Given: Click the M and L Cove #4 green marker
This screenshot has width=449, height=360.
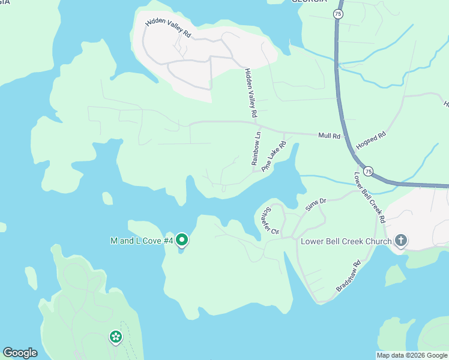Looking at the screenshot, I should (x=182, y=241).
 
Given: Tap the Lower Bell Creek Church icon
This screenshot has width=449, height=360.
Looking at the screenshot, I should (x=401, y=241).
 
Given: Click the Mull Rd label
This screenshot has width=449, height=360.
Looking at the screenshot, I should (x=329, y=136).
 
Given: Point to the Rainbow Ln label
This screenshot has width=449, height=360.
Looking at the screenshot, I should (x=256, y=148).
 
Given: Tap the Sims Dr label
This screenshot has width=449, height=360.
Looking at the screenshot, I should (x=315, y=204).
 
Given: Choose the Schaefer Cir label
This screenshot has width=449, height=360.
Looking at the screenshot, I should (x=268, y=221).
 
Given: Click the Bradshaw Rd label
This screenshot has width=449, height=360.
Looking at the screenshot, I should (x=348, y=276).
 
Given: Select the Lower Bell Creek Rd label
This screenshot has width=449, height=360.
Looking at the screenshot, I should (x=369, y=197).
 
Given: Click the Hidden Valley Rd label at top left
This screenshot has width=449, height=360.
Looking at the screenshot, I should (x=168, y=29).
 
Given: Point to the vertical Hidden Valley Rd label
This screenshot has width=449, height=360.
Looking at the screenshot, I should (x=251, y=92).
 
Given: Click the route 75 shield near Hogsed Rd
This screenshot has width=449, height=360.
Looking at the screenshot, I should (x=369, y=172).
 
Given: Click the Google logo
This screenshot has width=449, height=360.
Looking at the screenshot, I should (x=20, y=353).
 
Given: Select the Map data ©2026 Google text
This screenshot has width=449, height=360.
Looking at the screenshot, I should (x=411, y=355).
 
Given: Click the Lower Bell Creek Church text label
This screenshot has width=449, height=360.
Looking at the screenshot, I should (x=346, y=241).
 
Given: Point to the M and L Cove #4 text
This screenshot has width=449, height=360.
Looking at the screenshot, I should (x=142, y=241).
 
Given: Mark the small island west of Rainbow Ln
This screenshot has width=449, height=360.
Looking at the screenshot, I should (x=107, y=198).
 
